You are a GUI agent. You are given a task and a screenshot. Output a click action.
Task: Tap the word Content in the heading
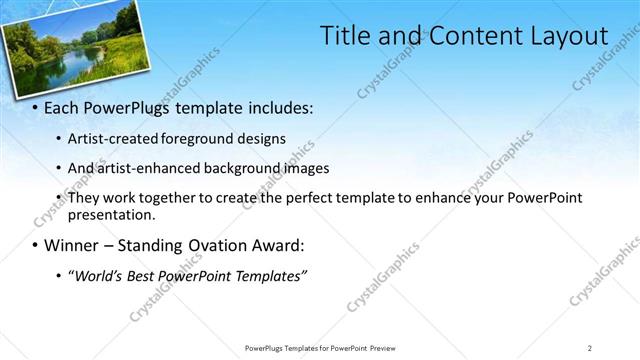click(x=469, y=35)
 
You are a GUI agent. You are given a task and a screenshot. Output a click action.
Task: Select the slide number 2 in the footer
click(x=590, y=348)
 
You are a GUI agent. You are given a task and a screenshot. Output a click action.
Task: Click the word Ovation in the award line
click(x=227, y=245)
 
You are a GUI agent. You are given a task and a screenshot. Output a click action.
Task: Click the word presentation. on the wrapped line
click(x=112, y=214)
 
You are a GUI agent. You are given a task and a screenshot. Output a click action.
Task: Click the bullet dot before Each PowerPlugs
click(x=35, y=107)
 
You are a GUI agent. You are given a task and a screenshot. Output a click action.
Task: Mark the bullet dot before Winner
click(x=35, y=245)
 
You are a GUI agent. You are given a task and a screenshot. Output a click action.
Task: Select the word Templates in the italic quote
click(x=270, y=275)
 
